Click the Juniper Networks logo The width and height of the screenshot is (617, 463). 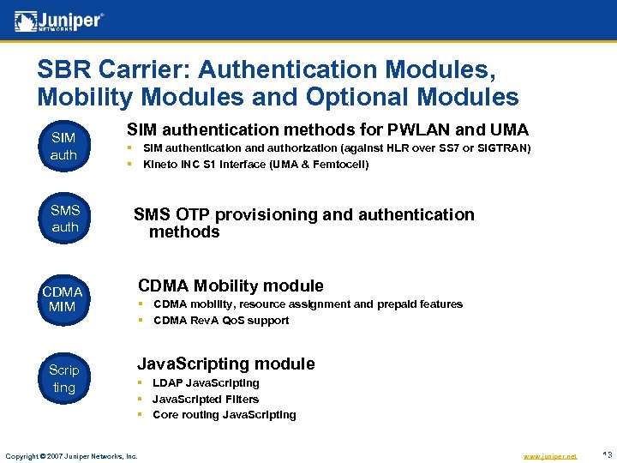click(59, 21)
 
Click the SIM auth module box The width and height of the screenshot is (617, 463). click(63, 146)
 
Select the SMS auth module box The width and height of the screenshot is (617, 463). click(64, 219)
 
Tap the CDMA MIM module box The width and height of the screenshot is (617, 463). click(63, 298)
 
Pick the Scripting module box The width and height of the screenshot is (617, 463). click(63, 378)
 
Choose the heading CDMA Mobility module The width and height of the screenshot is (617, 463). click(231, 286)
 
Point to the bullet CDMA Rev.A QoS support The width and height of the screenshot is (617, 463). click(220, 321)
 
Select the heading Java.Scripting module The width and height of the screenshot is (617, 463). click(226, 364)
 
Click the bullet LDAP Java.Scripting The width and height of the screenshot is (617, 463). click(206, 383)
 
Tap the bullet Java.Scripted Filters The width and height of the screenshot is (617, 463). click(205, 399)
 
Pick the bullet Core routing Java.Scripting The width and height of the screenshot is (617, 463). click(224, 415)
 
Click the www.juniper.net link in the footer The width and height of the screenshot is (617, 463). click(548, 456)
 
